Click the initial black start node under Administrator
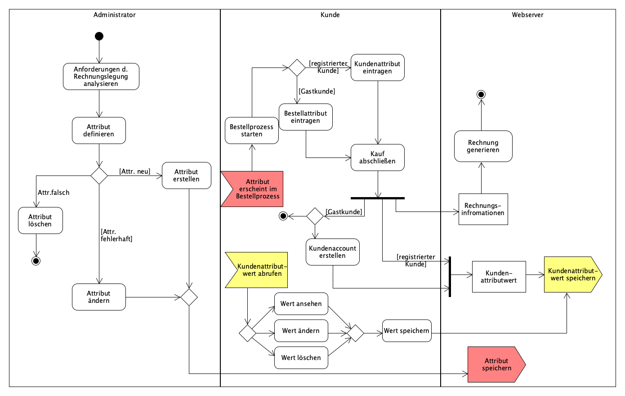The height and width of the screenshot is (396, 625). coord(99,36)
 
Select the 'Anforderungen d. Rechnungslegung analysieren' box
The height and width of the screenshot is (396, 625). coord(101,76)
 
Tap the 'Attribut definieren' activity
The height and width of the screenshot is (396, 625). coord(99,130)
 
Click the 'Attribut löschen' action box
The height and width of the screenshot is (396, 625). coord(40,220)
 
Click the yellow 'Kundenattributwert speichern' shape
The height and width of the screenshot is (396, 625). coord(571,274)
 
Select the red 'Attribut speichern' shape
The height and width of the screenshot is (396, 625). coord(495,364)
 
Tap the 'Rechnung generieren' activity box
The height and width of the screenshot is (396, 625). coord(483,146)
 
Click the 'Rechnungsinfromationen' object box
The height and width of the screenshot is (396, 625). coord(483,209)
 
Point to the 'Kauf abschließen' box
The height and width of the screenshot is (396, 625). coord(378,157)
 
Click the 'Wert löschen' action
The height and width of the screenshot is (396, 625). coord(301,358)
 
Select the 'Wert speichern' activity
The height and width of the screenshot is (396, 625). coord(406,331)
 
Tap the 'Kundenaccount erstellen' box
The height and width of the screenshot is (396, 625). coord(332,252)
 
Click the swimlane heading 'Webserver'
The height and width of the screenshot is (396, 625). coord(527,15)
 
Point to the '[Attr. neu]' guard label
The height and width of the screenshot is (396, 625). coord(134,171)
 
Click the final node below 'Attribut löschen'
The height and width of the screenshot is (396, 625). coord(36,261)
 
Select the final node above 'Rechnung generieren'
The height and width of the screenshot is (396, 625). coord(481,94)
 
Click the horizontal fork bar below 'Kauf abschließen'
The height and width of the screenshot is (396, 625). coord(378,198)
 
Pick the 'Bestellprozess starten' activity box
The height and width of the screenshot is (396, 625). coord(252,130)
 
